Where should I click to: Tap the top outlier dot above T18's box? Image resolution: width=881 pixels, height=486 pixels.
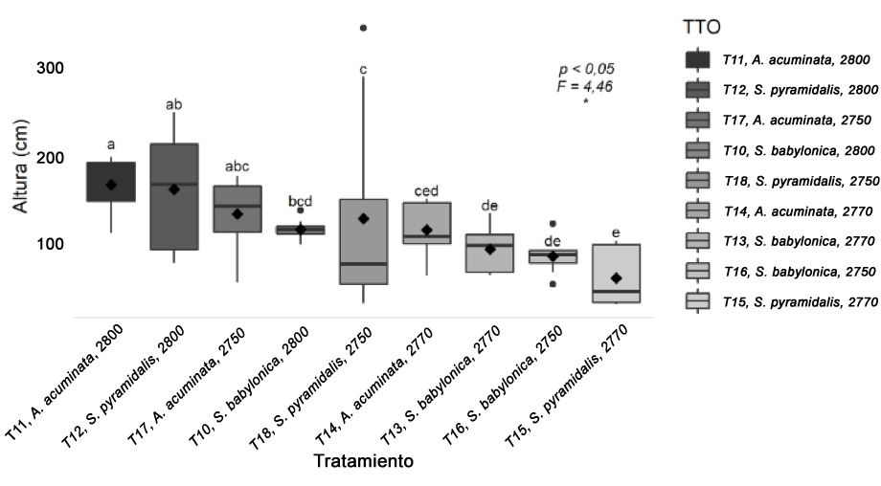click(x=363, y=28)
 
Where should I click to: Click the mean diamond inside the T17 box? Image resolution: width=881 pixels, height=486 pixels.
click(x=237, y=214)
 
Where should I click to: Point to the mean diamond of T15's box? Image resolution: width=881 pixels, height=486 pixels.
click(x=616, y=277)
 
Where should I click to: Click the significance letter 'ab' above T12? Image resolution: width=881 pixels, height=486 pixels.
click(x=174, y=104)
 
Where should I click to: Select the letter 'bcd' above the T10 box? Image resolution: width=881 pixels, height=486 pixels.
click(x=301, y=202)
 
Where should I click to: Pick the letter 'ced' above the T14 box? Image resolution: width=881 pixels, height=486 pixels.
click(x=426, y=191)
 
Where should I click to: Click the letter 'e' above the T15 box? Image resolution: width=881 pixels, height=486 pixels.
click(x=615, y=232)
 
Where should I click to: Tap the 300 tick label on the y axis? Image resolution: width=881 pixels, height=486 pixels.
click(x=50, y=69)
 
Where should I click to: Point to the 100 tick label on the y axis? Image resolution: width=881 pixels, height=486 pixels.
click(x=50, y=245)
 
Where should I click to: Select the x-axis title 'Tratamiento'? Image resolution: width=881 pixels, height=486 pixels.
click(x=363, y=461)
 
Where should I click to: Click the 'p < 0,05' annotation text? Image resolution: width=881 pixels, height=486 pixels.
click(x=587, y=70)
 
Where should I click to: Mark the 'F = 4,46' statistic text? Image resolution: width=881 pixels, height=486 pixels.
click(x=585, y=86)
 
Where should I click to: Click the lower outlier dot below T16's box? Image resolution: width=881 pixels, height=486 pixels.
click(x=552, y=284)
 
